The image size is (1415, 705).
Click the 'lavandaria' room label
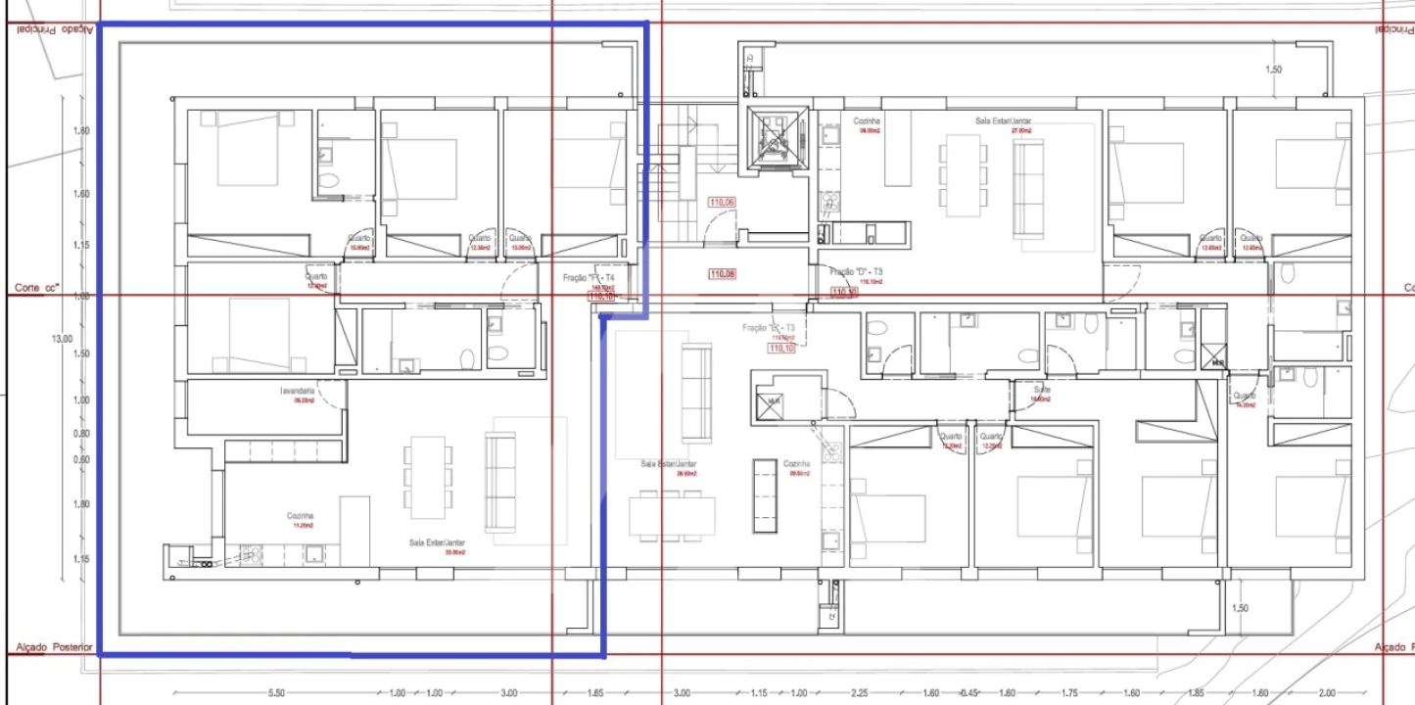point(296,391)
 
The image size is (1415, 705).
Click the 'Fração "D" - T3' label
point(857,271)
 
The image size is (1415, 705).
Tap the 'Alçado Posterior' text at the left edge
point(55,647)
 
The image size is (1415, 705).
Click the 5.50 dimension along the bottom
point(275,693)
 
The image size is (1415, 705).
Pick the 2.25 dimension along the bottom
point(860,693)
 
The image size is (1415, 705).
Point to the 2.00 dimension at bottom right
point(1326,693)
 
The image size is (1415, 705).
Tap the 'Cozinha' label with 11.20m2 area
point(300,515)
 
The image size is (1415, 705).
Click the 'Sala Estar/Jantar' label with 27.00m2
point(1003,121)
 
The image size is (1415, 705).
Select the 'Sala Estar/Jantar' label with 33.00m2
point(438,541)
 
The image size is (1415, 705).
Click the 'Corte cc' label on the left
point(37,288)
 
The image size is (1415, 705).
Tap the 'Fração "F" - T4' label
point(589,278)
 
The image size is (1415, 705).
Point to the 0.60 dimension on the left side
point(81,459)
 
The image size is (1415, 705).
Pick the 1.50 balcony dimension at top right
point(1273,70)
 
